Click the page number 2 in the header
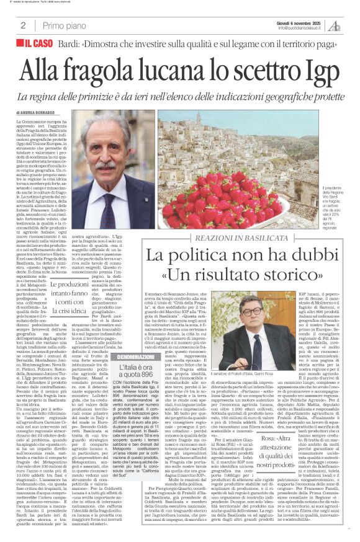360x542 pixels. [22, 25]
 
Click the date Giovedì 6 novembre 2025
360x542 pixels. [301, 22]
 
